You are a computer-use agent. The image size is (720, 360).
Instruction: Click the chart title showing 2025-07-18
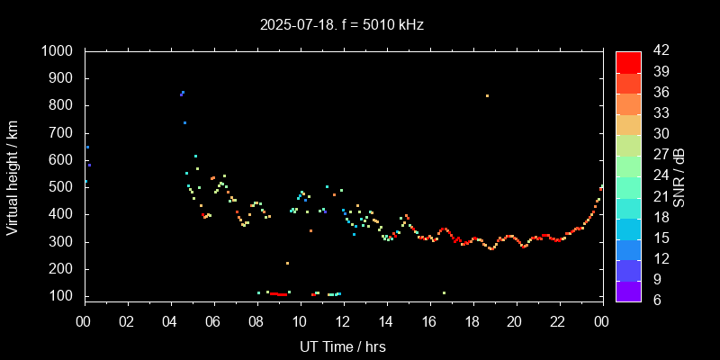[341, 24]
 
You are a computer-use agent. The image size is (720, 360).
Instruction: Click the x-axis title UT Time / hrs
[343, 346]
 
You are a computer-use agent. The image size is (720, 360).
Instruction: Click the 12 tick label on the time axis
[343, 321]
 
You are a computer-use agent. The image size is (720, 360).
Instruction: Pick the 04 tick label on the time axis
[170, 321]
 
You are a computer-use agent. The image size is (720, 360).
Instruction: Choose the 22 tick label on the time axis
[558, 321]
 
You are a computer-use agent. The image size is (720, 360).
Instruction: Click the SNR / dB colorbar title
[679, 175]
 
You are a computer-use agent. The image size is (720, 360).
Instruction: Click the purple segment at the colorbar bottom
[628, 290]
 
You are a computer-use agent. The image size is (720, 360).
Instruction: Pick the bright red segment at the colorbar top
[628, 61]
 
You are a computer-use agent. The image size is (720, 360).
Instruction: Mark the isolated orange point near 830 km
[487, 95]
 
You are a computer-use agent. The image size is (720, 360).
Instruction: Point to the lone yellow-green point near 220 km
[287, 264]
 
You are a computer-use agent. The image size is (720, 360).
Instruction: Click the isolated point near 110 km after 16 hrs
[444, 292]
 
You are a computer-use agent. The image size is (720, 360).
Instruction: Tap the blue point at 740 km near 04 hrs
[184, 122]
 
